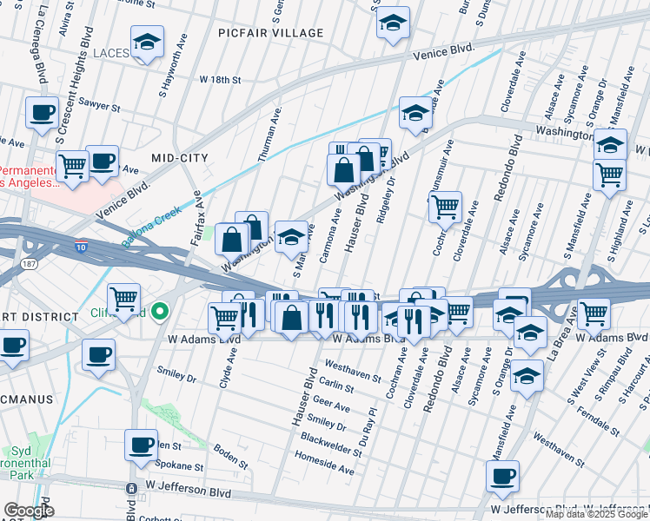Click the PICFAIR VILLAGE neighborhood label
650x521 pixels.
pyautogui.click(x=272, y=33)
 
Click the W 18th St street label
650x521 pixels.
pyautogui.click(x=219, y=79)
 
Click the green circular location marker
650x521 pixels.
pyautogui.click(x=159, y=311)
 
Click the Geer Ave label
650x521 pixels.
pyautogui.click(x=331, y=406)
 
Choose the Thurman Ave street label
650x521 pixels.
pyautogui.click(x=270, y=135)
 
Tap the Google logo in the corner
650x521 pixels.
pyautogui.click(x=29, y=511)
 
